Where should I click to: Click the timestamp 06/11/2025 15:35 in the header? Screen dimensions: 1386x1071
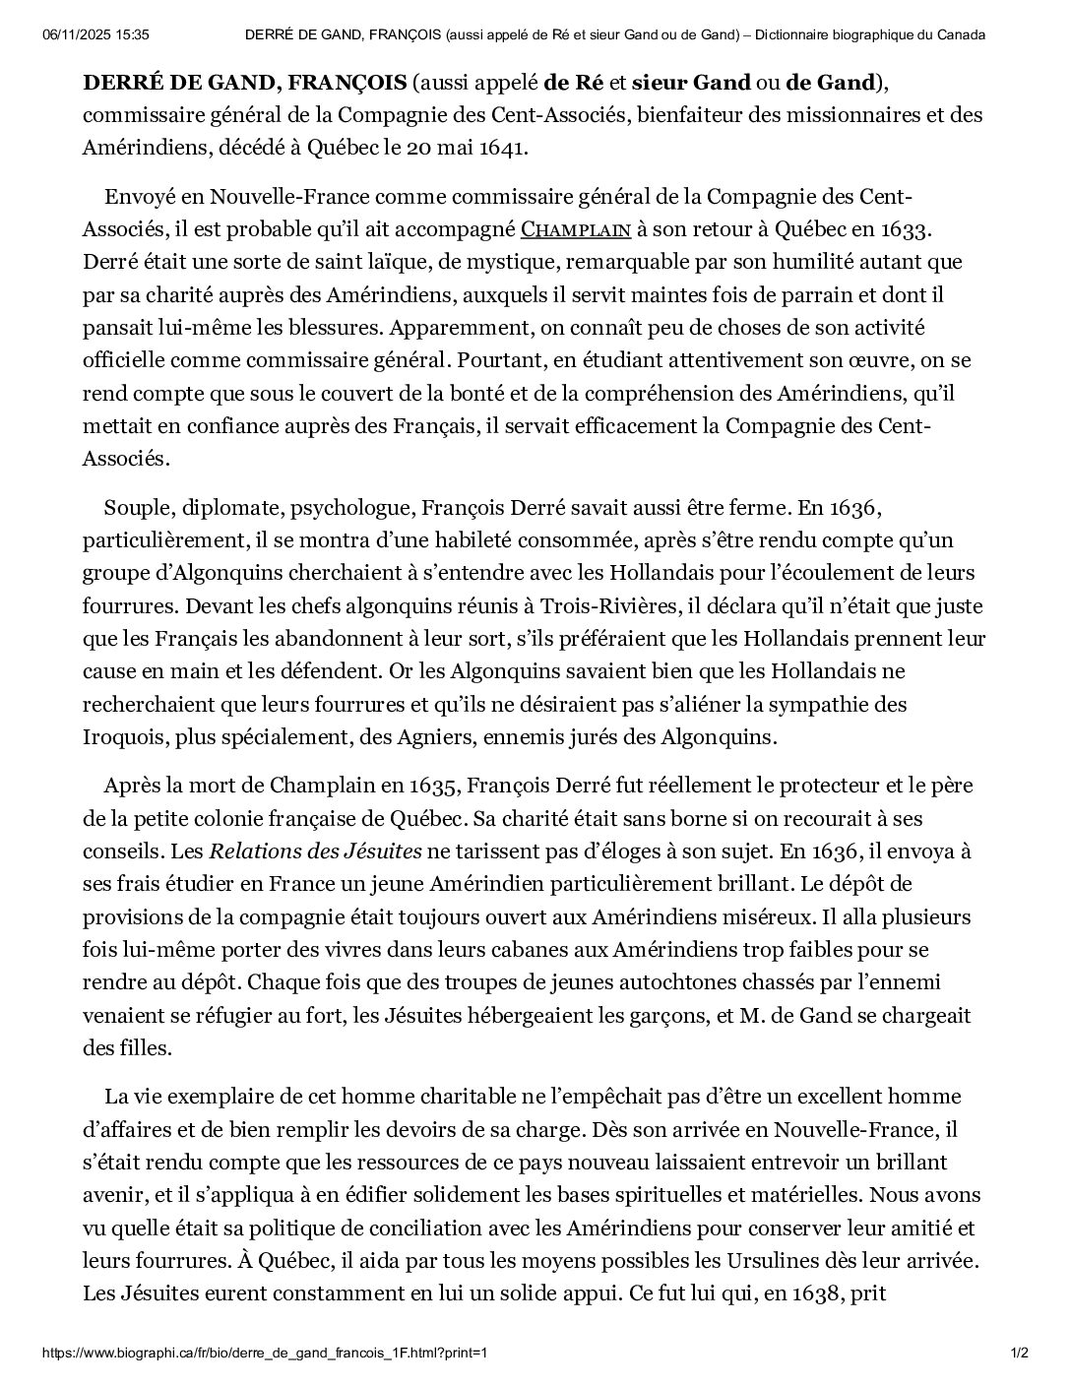click(x=96, y=34)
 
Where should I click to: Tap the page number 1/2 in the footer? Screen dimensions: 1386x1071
click(x=1020, y=1354)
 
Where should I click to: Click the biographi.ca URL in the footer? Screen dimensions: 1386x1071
click(x=265, y=1354)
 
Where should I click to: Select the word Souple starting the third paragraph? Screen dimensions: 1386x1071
click(x=136, y=508)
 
